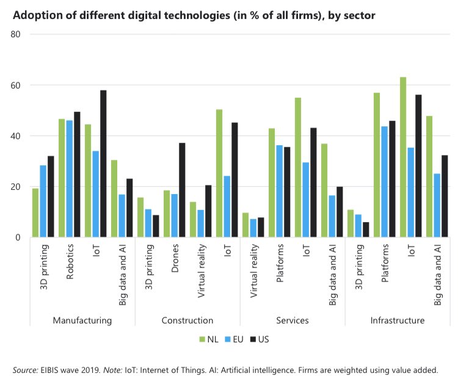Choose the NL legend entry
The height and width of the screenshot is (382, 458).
pyautogui.click(x=206, y=339)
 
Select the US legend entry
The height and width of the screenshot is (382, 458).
pyautogui.click(x=263, y=339)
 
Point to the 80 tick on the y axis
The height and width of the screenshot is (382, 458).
pyautogui.click(x=16, y=35)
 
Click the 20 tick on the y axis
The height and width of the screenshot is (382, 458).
pyautogui.click(x=16, y=187)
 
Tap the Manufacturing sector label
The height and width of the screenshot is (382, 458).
pyautogui.click(x=82, y=320)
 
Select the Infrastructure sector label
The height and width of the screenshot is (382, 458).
pyautogui.click(x=397, y=320)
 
